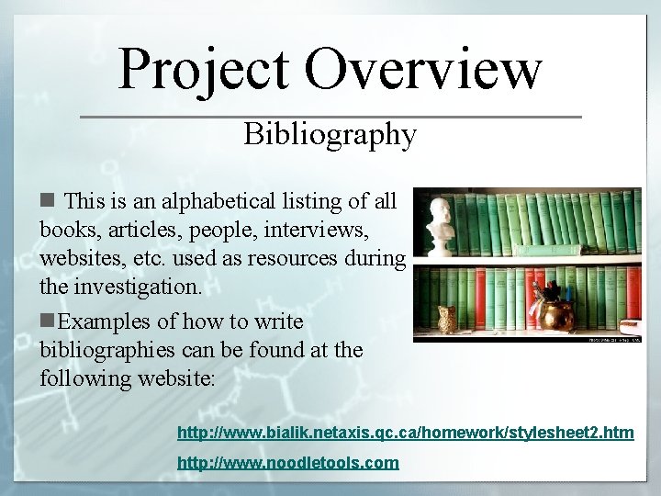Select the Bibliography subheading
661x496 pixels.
coord(330,135)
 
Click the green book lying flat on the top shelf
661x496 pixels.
coord(548,250)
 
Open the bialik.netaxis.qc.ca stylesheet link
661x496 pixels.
coord(405,432)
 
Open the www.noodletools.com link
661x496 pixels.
coord(287,462)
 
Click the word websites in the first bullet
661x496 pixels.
coord(78,258)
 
